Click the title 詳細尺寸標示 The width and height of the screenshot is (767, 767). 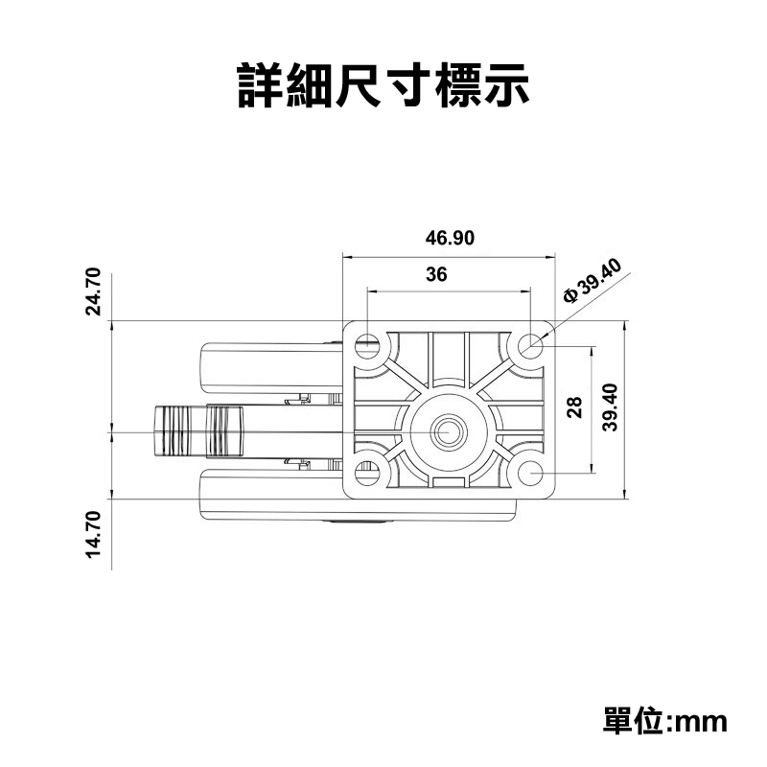click(383, 85)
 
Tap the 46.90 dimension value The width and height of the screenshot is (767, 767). click(450, 238)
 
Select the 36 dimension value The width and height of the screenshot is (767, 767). click(436, 274)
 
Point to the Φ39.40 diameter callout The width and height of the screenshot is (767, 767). click(594, 281)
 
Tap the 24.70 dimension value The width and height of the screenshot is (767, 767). click(93, 291)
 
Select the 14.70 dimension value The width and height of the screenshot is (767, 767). click(93, 534)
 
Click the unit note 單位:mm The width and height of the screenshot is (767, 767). click(665, 720)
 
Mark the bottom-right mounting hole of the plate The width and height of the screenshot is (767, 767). click(530, 473)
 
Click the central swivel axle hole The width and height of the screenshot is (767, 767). click(448, 430)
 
